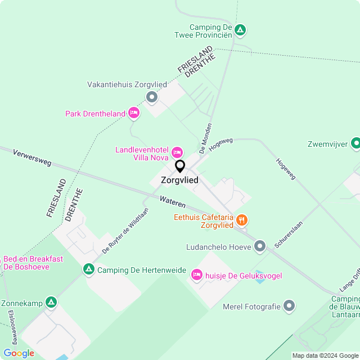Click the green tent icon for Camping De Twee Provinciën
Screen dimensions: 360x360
[x=240, y=30]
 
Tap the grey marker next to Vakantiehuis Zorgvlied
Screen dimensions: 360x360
[x=151, y=97]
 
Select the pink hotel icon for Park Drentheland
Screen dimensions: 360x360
[x=133, y=114]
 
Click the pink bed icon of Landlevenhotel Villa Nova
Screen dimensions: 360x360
[x=177, y=152]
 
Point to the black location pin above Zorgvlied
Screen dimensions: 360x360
[x=180, y=166]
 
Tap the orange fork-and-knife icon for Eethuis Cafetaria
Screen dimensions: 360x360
[x=242, y=219]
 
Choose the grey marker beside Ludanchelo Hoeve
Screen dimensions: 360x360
[x=260, y=246]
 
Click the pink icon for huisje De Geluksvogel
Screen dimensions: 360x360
[x=196, y=275]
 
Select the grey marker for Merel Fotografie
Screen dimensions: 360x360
[x=289, y=306]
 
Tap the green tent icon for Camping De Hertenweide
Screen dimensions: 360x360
[x=89, y=270]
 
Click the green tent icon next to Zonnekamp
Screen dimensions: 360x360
[x=51, y=303]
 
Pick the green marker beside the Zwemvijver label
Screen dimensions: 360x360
[x=355, y=144]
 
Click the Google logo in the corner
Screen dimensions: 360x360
[x=19, y=353]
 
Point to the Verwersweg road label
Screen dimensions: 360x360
[x=32, y=157]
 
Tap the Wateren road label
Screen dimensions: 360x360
[x=172, y=200]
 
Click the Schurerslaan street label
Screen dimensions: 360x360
[x=289, y=233]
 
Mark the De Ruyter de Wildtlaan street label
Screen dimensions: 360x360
[x=125, y=231]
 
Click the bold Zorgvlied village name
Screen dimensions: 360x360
[x=179, y=181]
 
